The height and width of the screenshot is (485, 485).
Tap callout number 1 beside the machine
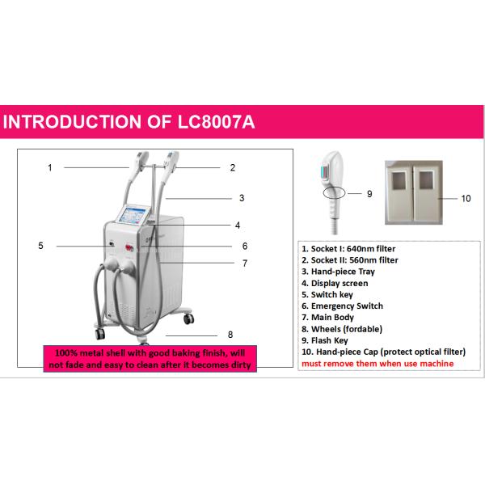(x=49, y=168)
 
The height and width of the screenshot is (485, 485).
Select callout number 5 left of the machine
(x=40, y=245)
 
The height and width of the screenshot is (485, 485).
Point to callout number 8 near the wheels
(x=230, y=334)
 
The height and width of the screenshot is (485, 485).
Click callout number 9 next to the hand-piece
(x=369, y=194)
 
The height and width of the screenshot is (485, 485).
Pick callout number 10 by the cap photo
(x=465, y=197)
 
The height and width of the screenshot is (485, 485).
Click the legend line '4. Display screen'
(x=335, y=284)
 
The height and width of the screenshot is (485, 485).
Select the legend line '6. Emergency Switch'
(x=342, y=306)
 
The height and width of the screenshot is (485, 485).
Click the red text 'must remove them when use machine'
(x=377, y=364)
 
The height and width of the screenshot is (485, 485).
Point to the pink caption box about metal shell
(x=150, y=358)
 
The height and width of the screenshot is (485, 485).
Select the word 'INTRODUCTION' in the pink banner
(x=70, y=122)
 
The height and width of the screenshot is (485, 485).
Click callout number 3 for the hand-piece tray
(x=241, y=197)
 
